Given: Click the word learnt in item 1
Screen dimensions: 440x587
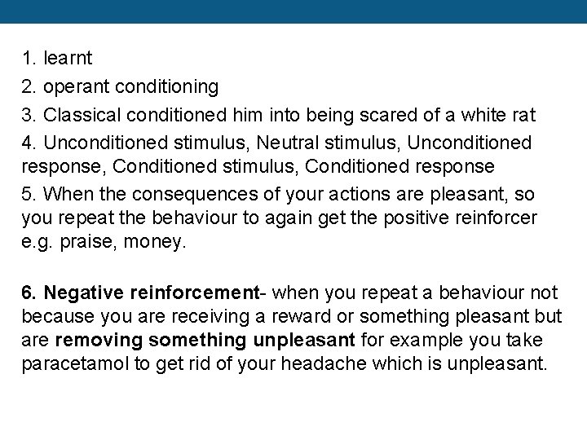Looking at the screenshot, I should click(x=68, y=59).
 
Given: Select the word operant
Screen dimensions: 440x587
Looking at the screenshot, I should click(x=76, y=86).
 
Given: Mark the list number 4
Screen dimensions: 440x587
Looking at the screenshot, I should click(x=29, y=143).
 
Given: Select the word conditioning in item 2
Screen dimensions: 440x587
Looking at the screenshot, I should click(x=166, y=86).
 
